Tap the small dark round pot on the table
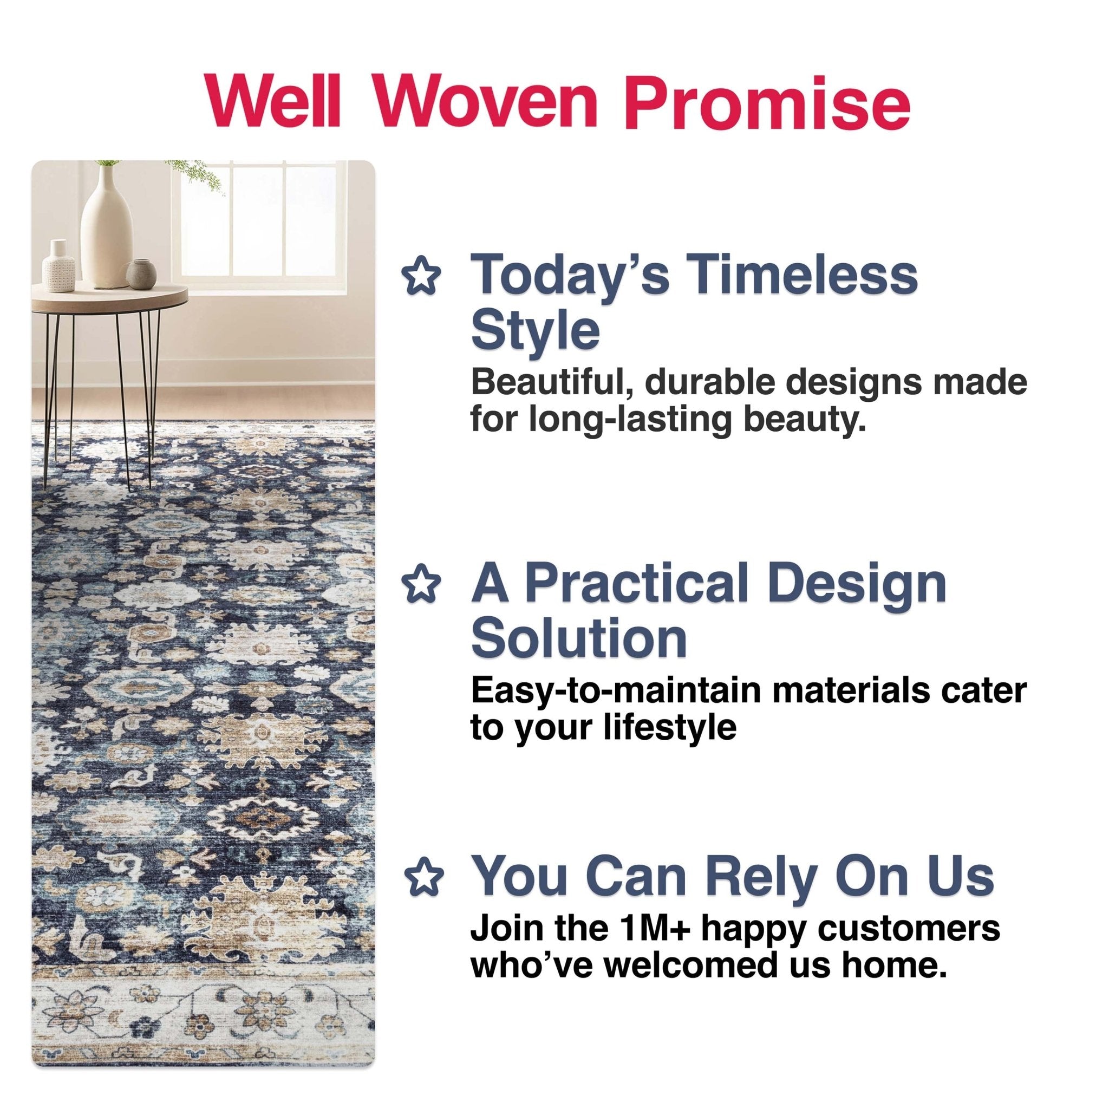tap(141, 275)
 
